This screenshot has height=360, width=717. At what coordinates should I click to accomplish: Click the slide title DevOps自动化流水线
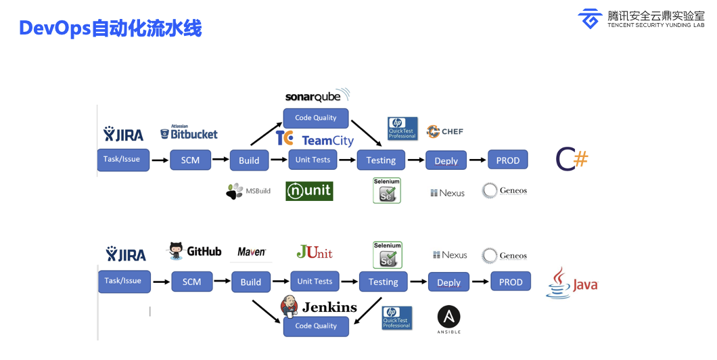pos(110,28)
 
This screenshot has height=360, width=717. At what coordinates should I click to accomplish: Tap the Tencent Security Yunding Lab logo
pos(641,18)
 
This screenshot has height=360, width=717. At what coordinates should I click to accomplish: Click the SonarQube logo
pos(317,95)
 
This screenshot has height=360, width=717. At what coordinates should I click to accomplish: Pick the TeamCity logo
pos(315,139)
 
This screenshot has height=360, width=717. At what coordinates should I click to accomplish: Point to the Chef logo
pos(444,131)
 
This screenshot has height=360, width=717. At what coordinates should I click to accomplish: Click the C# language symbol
pos(572,159)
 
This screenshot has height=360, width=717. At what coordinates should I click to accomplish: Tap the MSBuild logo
pos(248,192)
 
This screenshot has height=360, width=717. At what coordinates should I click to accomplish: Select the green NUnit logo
pos(309,192)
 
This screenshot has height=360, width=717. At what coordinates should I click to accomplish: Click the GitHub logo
pos(195,251)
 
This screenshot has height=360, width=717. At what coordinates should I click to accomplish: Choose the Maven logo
pos(252,252)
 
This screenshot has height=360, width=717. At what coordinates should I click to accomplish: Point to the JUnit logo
pos(315,252)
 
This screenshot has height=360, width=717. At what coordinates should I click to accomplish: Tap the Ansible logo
pos(448,319)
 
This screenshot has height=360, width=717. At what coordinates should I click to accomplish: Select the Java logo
pos(572,283)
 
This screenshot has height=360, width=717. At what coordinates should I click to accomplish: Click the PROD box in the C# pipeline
pos(508,160)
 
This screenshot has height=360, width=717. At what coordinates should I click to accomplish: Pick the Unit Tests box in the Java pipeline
pos(315,282)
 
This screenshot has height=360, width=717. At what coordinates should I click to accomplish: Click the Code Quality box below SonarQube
pos(315,118)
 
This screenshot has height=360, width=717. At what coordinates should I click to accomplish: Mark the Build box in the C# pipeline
pos(249,160)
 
